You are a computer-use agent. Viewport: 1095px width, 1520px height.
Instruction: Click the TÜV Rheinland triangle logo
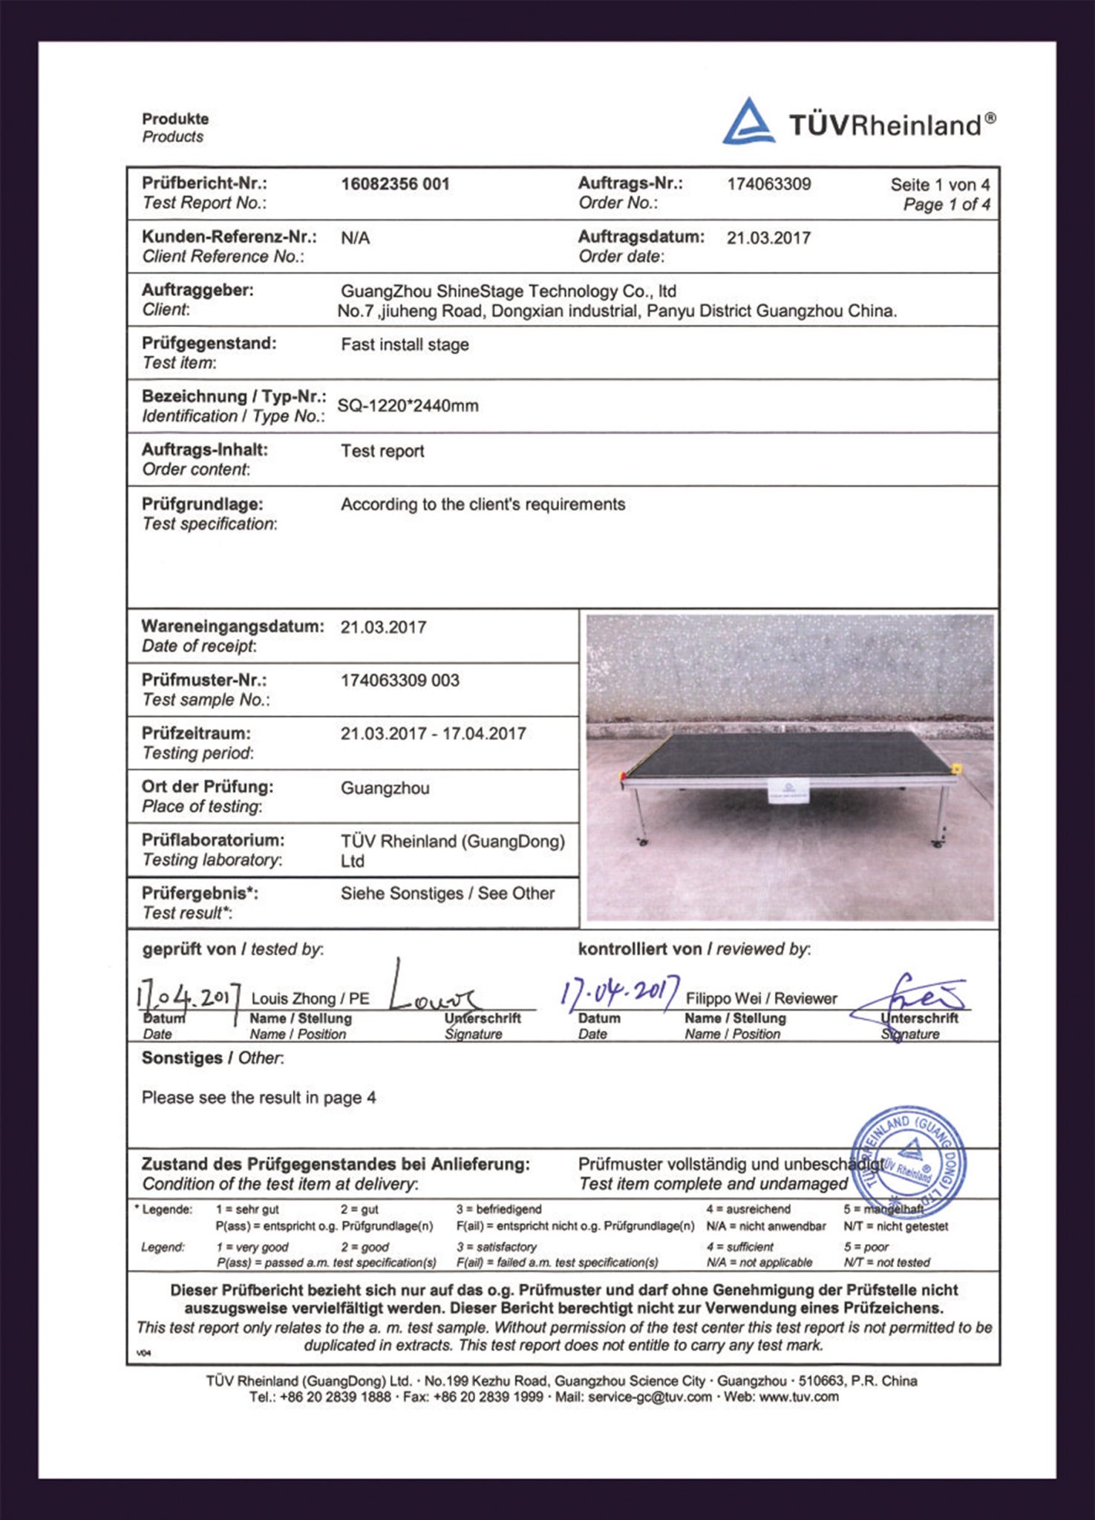(x=748, y=122)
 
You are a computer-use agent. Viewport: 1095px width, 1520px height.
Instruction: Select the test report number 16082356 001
(x=395, y=184)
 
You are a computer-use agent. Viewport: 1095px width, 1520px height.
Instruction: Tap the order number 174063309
(x=768, y=184)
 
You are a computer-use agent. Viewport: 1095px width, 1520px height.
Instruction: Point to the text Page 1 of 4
(x=946, y=205)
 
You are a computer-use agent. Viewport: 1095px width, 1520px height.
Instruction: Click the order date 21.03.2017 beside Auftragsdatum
(x=768, y=238)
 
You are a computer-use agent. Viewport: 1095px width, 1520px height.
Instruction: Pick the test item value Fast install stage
(x=405, y=344)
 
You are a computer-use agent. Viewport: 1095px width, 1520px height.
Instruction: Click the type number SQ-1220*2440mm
(x=408, y=406)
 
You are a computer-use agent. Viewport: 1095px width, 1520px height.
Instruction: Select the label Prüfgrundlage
(x=202, y=504)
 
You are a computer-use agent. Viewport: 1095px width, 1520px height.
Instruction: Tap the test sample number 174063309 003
(x=399, y=681)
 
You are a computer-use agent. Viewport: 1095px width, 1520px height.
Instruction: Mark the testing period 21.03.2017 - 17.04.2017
(x=433, y=734)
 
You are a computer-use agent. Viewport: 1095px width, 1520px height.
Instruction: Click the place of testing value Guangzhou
(x=385, y=788)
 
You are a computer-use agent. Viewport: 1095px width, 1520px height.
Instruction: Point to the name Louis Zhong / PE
(x=310, y=999)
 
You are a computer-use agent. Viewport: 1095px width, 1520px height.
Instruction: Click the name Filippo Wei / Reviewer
(x=761, y=999)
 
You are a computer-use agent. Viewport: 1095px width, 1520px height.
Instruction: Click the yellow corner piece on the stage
(x=956, y=767)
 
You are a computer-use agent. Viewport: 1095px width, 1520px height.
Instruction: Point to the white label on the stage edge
(x=789, y=792)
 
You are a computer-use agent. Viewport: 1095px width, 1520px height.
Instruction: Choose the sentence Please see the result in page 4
(x=258, y=1098)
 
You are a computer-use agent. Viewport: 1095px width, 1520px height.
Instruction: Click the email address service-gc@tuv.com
(x=650, y=1397)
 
